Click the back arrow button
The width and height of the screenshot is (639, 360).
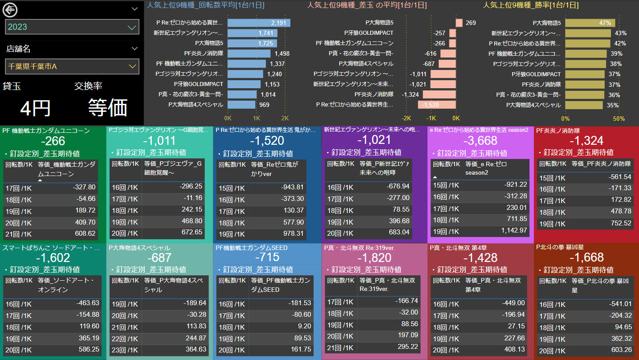10,9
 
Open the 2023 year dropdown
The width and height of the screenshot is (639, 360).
72,27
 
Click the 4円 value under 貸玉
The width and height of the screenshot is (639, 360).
36,108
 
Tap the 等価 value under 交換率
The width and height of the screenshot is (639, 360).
108,108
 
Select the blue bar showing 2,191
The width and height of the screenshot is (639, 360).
259,23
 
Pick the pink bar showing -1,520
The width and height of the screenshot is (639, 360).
437,105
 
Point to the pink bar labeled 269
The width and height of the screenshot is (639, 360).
459,23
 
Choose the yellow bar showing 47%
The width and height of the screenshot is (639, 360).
590,23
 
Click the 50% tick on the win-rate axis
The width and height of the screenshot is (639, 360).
619,119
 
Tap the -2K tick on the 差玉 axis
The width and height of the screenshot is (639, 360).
406,119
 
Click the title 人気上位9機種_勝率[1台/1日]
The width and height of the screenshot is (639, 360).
531,5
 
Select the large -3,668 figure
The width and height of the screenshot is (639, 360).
480,141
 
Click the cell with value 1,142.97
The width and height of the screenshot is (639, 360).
512,231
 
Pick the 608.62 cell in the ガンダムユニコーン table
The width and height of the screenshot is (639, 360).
84,233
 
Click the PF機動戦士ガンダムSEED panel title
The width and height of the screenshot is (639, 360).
252,248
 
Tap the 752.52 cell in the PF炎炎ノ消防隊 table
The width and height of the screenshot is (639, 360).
619,223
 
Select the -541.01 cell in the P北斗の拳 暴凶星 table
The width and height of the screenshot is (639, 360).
619,304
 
